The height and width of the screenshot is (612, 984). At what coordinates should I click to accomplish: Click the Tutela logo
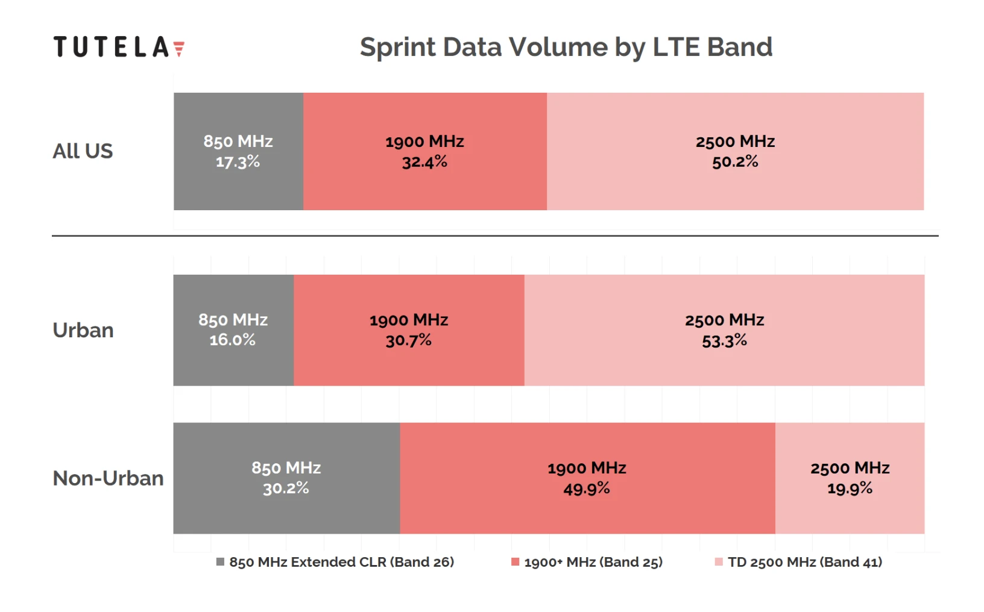(x=119, y=47)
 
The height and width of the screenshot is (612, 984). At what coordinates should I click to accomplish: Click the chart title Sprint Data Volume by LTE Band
(x=566, y=47)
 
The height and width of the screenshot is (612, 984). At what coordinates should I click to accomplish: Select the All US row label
(x=83, y=151)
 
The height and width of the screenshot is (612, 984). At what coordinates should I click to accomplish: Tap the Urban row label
(x=83, y=330)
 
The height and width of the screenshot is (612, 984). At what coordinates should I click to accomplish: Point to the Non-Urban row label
(x=109, y=478)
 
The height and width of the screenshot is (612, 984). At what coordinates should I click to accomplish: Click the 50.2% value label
(x=735, y=162)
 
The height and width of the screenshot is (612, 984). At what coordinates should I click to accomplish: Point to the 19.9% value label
(x=850, y=489)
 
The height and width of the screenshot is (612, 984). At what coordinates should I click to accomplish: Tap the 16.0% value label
(x=233, y=340)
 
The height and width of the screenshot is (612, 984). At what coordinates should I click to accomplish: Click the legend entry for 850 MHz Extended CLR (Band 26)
(x=335, y=562)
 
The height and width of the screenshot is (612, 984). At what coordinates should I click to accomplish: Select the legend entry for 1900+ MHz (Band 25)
(x=587, y=562)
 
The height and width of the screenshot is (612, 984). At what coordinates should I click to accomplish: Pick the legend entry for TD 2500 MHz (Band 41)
(x=799, y=562)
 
